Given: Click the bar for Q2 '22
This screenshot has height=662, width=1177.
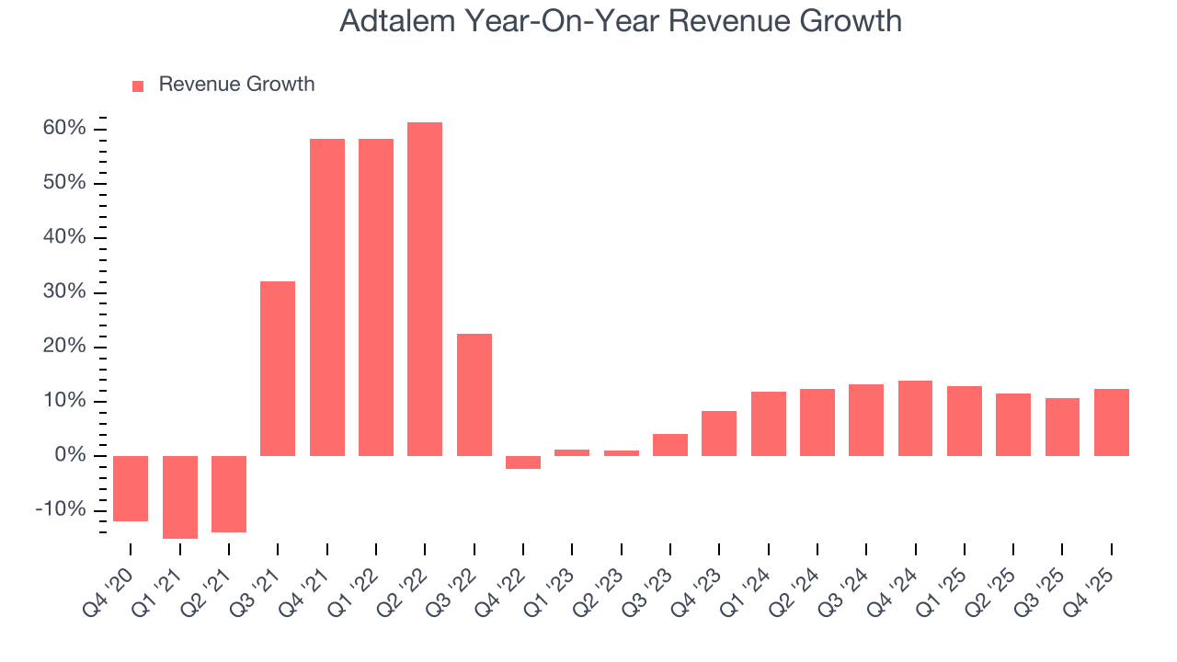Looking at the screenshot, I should click(x=425, y=289).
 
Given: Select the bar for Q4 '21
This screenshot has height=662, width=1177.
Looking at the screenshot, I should click(x=326, y=297).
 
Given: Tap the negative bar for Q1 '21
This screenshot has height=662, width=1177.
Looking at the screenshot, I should click(x=180, y=496).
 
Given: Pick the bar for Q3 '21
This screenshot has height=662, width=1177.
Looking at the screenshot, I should click(x=278, y=368).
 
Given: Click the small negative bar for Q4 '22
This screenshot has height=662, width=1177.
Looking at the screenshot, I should click(x=523, y=462).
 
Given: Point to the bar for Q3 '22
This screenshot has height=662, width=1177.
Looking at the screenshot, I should click(x=474, y=394).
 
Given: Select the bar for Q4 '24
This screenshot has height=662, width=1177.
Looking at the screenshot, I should click(x=915, y=418).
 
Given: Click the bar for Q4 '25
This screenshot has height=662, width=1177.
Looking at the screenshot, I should click(x=1111, y=422).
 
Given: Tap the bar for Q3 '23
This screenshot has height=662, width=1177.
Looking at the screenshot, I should click(x=670, y=445).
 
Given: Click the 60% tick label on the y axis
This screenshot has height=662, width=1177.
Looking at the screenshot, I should click(x=64, y=129).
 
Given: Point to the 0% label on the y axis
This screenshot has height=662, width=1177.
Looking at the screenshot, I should click(x=70, y=456).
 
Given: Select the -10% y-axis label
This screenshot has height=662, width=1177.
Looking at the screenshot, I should click(x=62, y=510).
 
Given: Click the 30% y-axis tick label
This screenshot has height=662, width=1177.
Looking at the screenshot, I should click(x=64, y=292).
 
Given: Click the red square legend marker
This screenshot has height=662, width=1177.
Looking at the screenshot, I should click(x=138, y=86).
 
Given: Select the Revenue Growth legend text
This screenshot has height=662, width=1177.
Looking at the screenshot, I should click(x=236, y=85).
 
